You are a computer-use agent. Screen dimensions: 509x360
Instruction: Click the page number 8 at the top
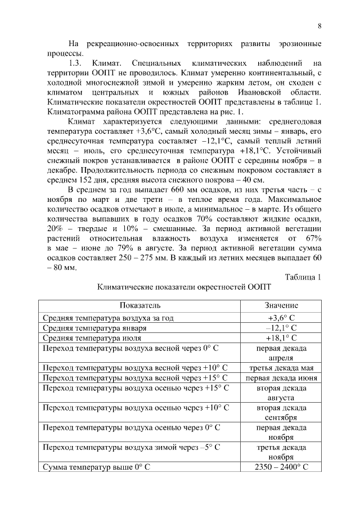pos(319,26)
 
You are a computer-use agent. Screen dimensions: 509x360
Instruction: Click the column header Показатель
pos(139,305)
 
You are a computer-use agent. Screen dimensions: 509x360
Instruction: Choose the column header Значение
pos(281,305)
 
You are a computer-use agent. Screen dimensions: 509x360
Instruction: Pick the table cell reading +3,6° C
pos(281,317)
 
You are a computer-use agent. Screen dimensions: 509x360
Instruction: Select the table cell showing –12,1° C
pos(281,327)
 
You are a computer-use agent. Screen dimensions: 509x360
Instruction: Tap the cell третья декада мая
pos(281,368)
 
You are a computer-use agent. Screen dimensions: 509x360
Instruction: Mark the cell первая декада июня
pos(281,378)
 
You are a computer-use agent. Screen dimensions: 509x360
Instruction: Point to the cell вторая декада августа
pos(281,393)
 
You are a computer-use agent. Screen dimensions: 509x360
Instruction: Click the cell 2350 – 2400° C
pos(281,467)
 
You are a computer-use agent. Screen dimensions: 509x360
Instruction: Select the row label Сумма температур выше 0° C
pos(98,467)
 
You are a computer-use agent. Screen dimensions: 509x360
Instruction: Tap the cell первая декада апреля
pos(281,353)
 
